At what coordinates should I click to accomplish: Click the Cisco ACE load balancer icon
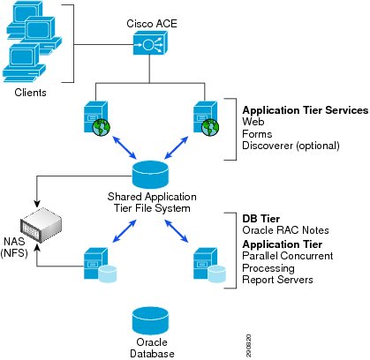coord(150,43)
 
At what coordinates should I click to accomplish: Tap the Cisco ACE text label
coord(152,24)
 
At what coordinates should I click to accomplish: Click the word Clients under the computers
coord(30,93)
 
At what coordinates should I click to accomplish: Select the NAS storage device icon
coord(41,225)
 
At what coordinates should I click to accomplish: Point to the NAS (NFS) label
coord(14,247)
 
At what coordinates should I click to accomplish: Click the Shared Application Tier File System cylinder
coord(150,175)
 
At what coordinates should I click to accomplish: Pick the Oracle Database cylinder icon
coord(150,320)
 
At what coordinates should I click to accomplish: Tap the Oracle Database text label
coord(152,348)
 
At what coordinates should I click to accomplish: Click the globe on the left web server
coord(101,127)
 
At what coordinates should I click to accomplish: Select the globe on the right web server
coord(210,127)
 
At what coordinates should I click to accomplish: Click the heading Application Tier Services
coord(306,110)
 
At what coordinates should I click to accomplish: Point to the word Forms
coord(257,134)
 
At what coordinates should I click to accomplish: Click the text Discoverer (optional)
coord(291,146)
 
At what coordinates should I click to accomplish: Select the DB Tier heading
coord(261,219)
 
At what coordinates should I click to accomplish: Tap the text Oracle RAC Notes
coord(285,230)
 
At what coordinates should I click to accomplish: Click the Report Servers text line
coord(277,280)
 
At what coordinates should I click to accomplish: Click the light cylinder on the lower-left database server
coord(108,274)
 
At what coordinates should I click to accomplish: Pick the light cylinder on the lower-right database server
coord(217,274)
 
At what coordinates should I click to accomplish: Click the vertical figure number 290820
coord(248,346)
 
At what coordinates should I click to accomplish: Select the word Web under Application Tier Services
coord(253,122)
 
